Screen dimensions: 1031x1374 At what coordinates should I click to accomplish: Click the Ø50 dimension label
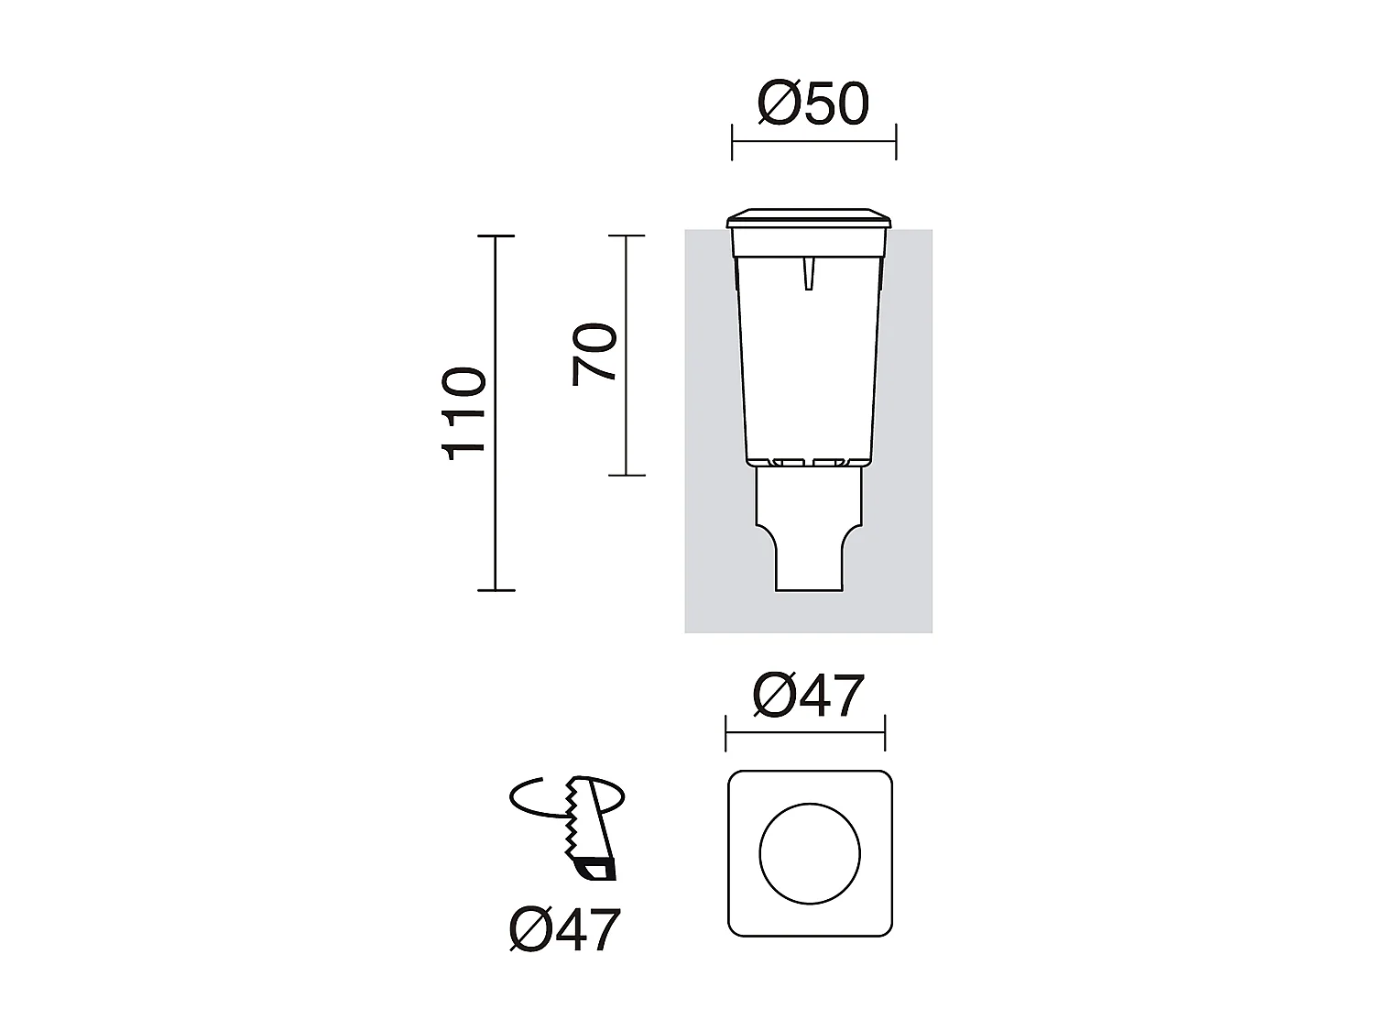812,104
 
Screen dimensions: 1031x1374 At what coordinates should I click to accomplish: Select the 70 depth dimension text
594,355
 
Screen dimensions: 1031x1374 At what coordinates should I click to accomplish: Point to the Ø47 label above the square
808,696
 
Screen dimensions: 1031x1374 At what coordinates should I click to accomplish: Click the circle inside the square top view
810,853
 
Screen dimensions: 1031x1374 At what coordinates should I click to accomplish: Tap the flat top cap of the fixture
810,220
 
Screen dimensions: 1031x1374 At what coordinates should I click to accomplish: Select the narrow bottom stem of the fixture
809,564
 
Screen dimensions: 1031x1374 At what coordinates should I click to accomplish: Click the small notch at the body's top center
808,273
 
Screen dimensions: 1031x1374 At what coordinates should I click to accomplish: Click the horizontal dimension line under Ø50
813,142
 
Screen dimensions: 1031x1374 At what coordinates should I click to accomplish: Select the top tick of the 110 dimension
496,236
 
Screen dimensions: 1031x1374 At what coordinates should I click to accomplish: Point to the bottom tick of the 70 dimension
627,475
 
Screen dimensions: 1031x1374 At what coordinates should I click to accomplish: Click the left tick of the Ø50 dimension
732,142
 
